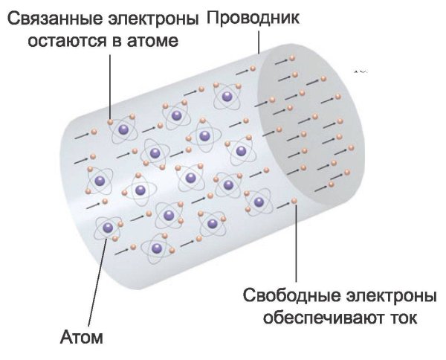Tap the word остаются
[x=67, y=41]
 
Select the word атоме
[x=152, y=41]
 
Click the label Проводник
[x=253, y=18]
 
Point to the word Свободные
[x=291, y=295]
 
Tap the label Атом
[x=82, y=337]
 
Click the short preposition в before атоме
[x=116, y=41]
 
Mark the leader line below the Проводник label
[x=259, y=42]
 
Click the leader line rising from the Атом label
[x=98, y=282]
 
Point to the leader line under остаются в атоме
[x=110, y=87]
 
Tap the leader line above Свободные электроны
[x=296, y=242]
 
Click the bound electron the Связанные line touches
[x=110, y=122]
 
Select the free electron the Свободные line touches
[x=294, y=202]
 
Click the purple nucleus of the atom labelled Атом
[x=108, y=227]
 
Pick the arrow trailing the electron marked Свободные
[x=284, y=205]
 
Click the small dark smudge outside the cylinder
[x=361, y=71]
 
